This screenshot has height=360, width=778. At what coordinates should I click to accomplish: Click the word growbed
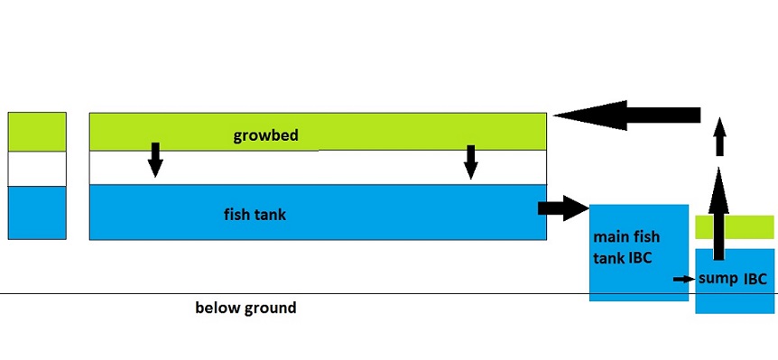(x=265, y=137)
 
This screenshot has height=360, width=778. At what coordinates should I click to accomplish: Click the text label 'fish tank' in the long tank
(x=255, y=215)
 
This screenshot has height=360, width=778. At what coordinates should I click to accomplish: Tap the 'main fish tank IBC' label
(x=626, y=246)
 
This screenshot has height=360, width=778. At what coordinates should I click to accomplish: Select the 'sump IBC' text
(x=732, y=279)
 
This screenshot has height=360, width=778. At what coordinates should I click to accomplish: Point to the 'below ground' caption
(x=245, y=308)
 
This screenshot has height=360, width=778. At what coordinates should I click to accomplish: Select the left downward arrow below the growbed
(x=155, y=159)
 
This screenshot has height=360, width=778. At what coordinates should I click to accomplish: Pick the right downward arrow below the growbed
(x=469, y=161)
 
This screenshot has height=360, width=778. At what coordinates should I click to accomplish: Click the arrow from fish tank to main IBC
(x=560, y=208)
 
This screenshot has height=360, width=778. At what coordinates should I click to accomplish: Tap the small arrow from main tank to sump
(x=683, y=279)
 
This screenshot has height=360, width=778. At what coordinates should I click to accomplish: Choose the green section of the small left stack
(x=37, y=132)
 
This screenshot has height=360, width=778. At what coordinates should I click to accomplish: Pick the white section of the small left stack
(x=37, y=169)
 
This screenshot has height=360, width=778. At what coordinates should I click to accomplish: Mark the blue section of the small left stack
(x=37, y=212)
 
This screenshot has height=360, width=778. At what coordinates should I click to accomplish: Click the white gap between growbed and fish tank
(x=316, y=168)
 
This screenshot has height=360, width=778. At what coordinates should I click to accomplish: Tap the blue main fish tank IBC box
(x=637, y=271)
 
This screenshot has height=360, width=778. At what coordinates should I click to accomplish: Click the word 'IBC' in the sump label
(x=755, y=279)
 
